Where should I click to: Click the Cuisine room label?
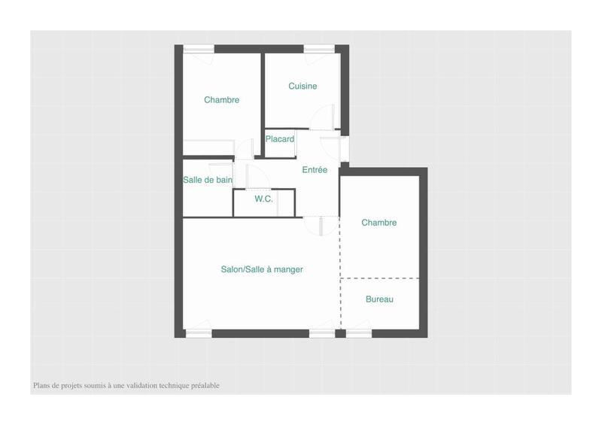pos(303,87)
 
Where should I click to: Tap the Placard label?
pos(279,139)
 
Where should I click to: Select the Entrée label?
pos(315,170)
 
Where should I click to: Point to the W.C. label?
pos(263,199)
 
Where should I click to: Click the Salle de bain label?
pos(207,180)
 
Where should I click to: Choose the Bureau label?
pos(379,299)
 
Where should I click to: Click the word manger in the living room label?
pos(289,269)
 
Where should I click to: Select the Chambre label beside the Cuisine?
pos(221,100)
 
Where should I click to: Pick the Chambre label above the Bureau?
pos(379,223)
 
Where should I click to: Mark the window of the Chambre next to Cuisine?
pos(198,50)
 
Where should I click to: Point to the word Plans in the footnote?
pos(41,386)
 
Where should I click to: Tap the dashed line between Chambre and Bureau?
pos(379,278)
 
